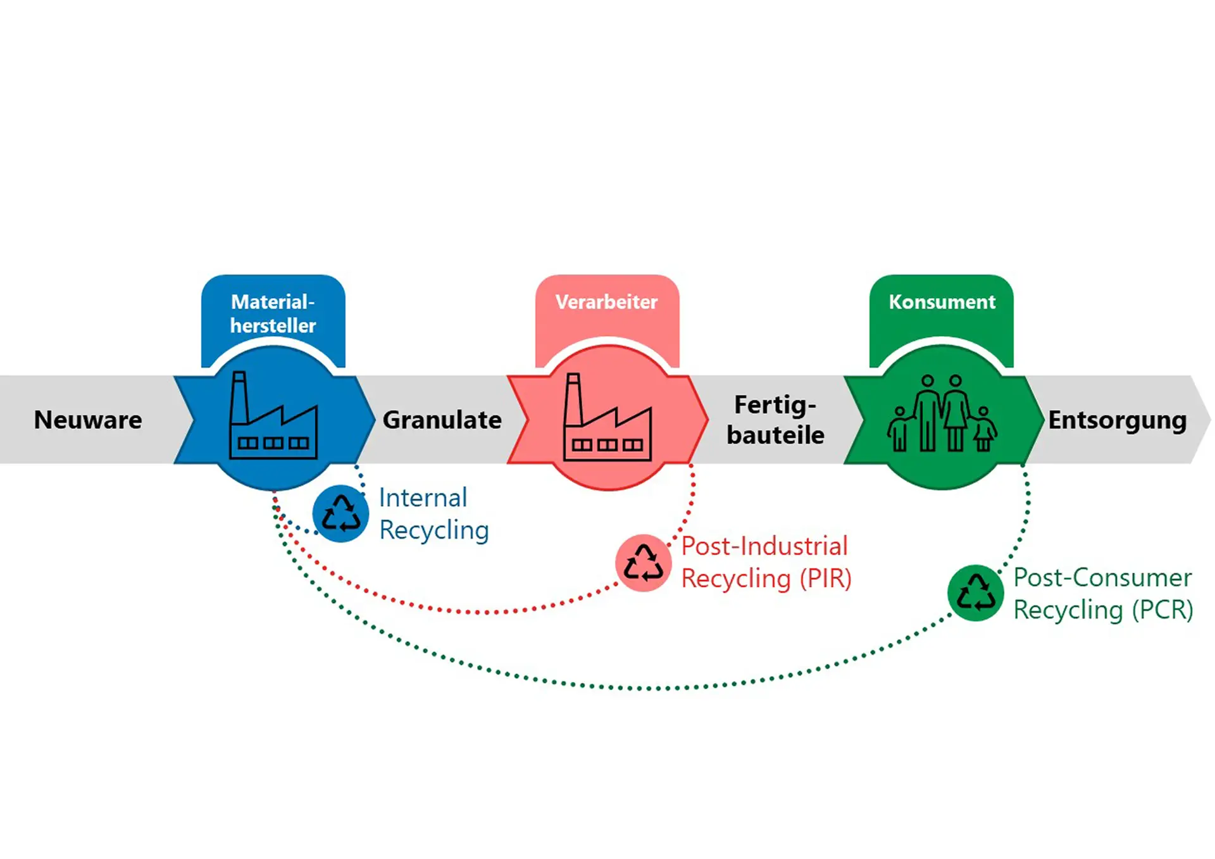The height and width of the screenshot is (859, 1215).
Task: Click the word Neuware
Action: point(88,420)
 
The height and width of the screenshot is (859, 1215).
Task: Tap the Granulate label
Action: point(442,420)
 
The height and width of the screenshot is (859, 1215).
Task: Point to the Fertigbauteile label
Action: point(775,420)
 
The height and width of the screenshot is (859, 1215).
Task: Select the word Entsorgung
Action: point(1117,420)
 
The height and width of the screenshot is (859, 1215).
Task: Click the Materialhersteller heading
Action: point(273,313)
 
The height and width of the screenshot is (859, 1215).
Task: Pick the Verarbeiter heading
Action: point(606,302)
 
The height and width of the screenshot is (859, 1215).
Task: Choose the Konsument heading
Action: point(942,302)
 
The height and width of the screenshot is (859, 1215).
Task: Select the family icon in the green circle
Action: point(942,414)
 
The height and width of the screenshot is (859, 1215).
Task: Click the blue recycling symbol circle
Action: point(340,513)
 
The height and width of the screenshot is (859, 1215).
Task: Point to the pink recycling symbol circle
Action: point(643,563)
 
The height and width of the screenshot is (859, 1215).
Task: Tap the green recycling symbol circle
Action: point(975,593)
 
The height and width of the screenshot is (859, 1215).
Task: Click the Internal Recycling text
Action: point(433,514)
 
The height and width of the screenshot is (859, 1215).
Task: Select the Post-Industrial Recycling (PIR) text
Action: point(766,563)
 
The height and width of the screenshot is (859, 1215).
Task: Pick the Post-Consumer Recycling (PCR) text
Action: point(1102,594)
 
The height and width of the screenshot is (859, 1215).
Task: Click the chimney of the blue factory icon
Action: point(239,398)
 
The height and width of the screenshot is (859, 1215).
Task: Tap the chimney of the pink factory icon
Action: point(573,399)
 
